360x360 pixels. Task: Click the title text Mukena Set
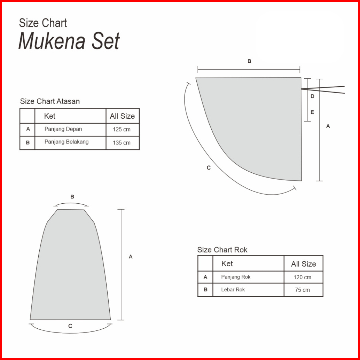[69, 41]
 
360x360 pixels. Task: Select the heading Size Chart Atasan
[50, 101]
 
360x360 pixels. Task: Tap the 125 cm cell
[122, 130]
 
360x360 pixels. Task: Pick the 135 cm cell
[122, 143]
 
